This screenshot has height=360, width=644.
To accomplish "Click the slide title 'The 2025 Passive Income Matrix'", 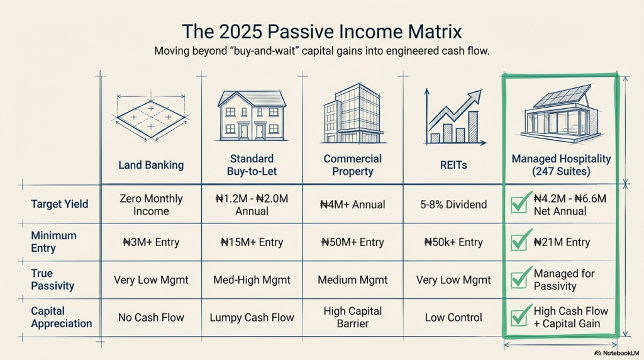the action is pos(321,31).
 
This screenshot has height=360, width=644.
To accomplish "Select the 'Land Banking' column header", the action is pos(151,165).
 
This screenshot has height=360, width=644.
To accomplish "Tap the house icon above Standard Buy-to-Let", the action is pos(252,116).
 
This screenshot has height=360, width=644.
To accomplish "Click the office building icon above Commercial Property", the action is pos(353,113).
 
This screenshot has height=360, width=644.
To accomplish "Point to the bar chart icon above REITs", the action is pos(453,117).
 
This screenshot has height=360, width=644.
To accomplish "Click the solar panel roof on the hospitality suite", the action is pos(563,95).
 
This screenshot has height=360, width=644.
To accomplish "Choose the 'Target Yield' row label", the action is pos(60,204).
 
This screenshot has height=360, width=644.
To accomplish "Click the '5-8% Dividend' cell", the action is pos(453,205).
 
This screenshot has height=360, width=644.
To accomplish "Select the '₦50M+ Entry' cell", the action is pos(352,242).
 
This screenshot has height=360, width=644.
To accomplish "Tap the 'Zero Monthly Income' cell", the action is pos(151,205).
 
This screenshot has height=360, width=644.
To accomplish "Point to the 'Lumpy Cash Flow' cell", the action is pos(252,317).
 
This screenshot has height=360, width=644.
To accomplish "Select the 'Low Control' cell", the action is pos(453,317).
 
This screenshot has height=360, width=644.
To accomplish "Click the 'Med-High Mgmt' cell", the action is pos(252,280).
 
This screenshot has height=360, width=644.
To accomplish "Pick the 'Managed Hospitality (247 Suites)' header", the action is pos(561,165).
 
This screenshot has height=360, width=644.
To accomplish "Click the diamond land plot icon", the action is pos(151,118).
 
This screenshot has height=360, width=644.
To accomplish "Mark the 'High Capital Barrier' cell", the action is pos(352,317).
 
